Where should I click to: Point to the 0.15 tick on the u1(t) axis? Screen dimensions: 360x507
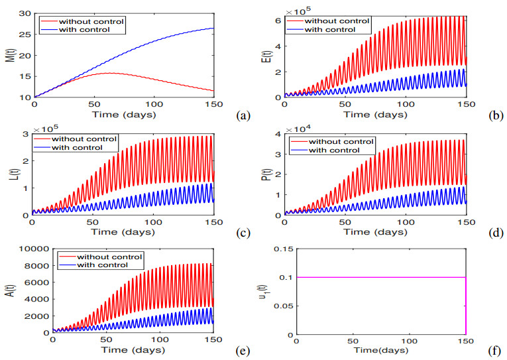(284, 249)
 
